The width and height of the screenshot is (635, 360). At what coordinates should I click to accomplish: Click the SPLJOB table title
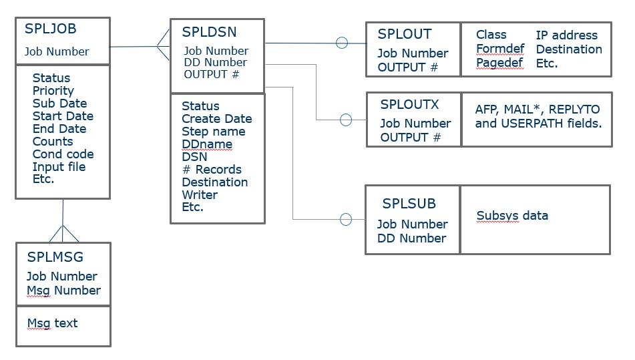[x=51, y=29]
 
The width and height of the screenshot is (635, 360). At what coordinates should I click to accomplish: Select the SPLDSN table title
[x=209, y=32]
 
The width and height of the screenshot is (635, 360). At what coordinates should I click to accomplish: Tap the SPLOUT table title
[x=405, y=34]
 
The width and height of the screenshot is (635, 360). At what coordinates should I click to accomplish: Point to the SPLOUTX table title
[x=409, y=104]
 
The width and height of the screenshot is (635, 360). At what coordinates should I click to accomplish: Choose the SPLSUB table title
[x=409, y=204]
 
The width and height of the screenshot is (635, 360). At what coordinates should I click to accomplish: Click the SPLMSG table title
[x=55, y=257]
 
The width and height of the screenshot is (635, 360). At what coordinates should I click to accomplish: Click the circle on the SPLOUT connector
[x=342, y=43]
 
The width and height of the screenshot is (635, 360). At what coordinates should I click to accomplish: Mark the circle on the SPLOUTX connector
[x=346, y=120]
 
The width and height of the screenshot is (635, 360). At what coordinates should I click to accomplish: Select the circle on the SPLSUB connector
[x=346, y=219]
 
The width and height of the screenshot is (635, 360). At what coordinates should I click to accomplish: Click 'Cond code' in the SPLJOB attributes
[x=63, y=154]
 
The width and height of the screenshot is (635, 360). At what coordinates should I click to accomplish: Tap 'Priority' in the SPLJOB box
[x=53, y=91]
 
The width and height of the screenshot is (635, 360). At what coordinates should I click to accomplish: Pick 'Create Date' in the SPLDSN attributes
[x=216, y=119]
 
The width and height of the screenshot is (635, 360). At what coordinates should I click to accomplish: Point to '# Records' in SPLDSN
[x=212, y=170]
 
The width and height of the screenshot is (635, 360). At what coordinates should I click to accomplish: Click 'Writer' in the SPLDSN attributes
[x=200, y=195]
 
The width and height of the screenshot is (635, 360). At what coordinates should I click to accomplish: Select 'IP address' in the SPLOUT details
[x=566, y=35]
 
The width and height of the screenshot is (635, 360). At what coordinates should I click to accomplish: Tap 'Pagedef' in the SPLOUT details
[x=500, y=63]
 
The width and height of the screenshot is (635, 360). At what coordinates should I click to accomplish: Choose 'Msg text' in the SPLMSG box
[x=52, y=323]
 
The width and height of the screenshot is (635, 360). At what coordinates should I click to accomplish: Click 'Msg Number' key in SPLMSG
[x=63, y=291]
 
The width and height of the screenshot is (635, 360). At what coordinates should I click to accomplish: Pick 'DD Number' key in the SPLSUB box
[x=411, y=238]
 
